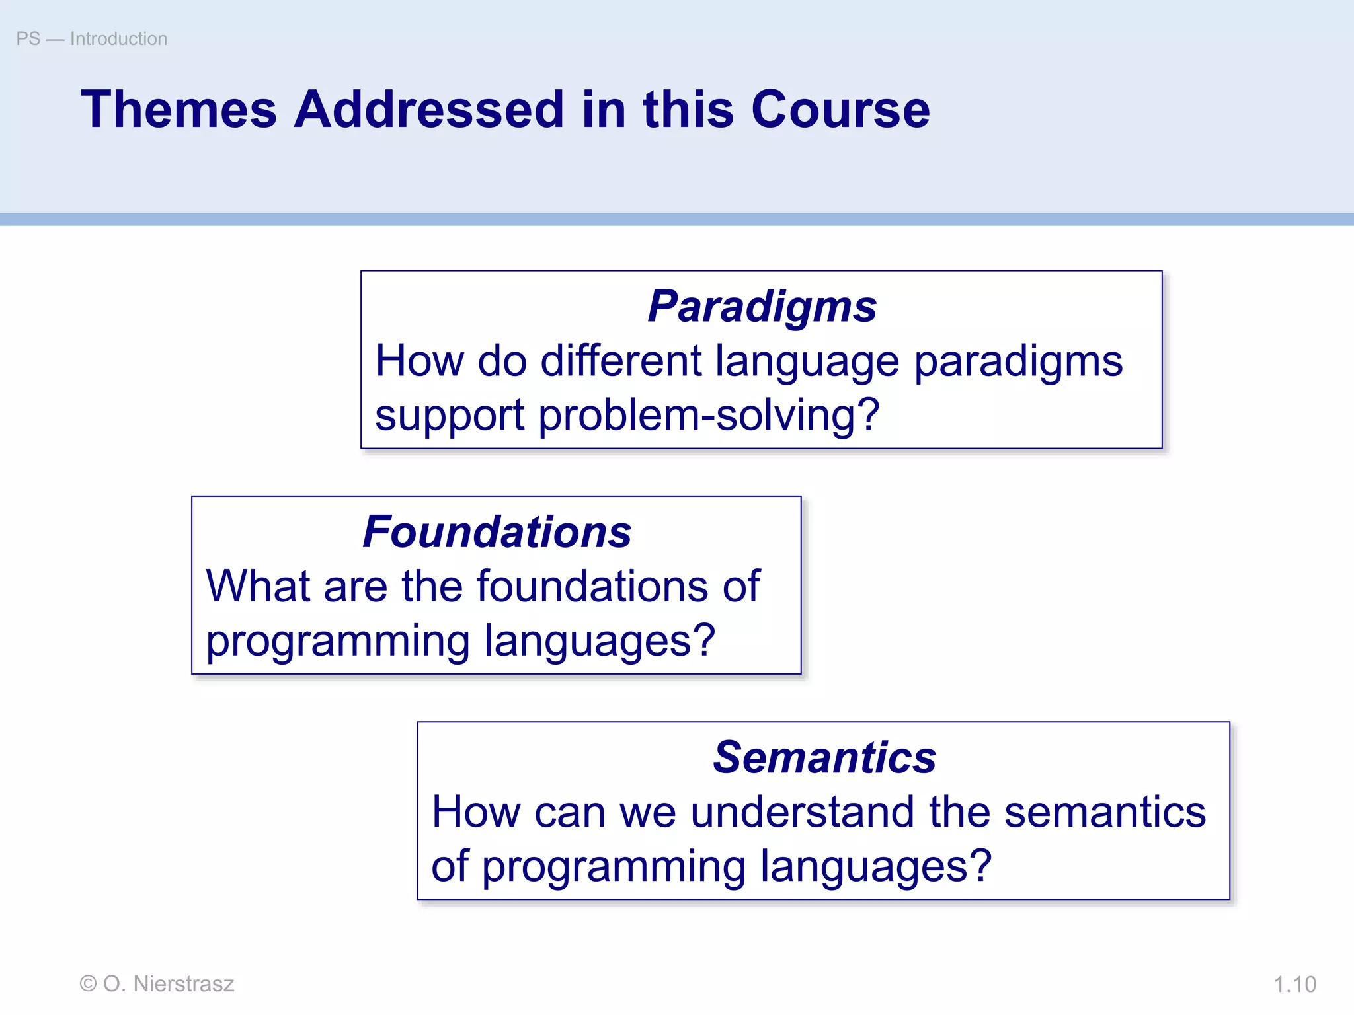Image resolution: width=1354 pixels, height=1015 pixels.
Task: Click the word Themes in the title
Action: click(179, 109)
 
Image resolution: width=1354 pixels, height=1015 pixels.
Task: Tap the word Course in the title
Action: click(840, 109)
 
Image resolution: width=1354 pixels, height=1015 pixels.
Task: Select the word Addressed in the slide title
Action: click(429, 109)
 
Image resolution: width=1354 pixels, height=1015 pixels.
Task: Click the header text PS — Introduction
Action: click(92, 38)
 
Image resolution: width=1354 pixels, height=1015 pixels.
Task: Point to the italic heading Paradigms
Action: click(762, 307)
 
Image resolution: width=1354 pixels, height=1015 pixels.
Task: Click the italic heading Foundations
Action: click(497, 532)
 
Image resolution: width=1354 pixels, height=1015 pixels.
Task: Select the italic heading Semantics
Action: click(824, 757)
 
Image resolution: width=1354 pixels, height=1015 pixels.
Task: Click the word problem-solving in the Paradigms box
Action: click(709, 415)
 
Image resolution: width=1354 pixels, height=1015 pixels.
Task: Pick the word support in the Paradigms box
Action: click(450, 416)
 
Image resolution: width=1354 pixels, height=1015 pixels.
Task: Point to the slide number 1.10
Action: click(1294, 984)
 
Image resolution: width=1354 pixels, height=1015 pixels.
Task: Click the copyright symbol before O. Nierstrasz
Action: click(88, 984)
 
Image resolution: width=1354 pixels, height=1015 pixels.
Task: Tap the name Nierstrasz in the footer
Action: click(184, 984)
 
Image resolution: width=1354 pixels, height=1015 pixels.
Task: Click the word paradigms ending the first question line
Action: click(1018, 363)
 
